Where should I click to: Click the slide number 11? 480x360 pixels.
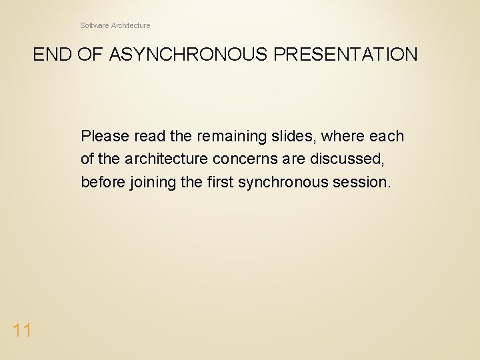click(21, 329)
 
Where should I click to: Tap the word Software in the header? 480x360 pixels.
click(95, 25)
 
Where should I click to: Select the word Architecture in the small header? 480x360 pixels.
click(131, 25)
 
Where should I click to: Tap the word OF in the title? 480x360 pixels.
click(87, 55)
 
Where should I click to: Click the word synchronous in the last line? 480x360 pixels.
click(287, 182)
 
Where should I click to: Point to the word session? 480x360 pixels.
click(363, 182)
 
